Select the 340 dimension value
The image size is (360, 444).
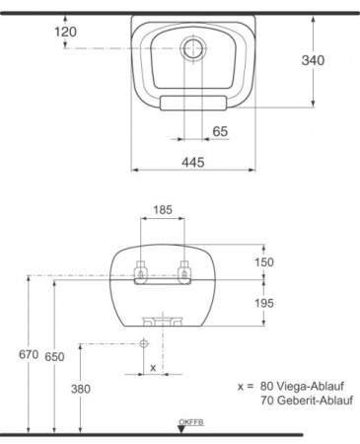point(314,59)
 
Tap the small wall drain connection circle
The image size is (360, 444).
point(144,343)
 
